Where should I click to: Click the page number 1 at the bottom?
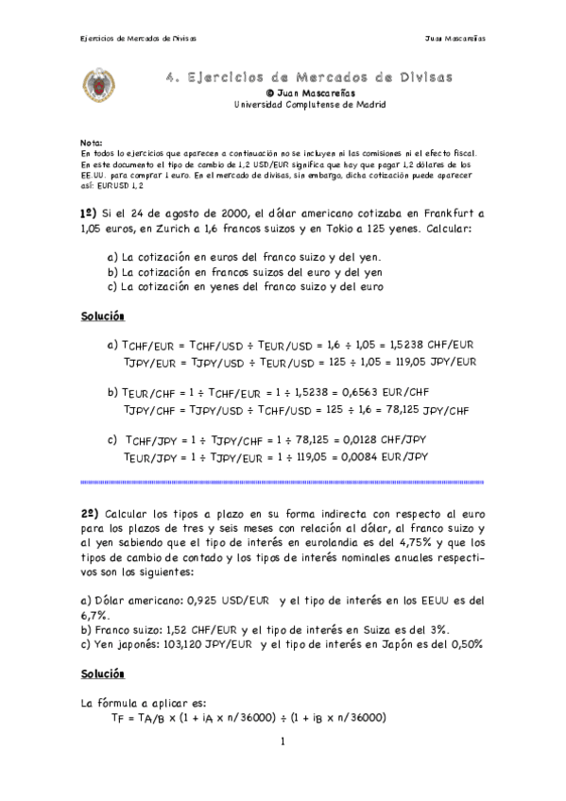[282, 742]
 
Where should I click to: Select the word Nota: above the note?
[92, 139]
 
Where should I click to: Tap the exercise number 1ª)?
[91, 214]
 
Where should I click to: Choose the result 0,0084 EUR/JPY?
[387, 456]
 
